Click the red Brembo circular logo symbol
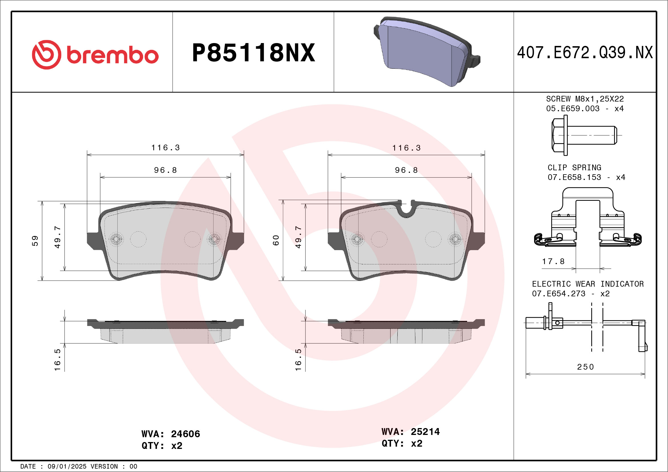click(47, 55)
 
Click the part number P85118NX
click(253, 53)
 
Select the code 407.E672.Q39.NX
click(585, 53)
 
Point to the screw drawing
click(584, 135)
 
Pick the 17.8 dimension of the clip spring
click(553, 262)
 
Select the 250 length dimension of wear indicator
click(585, 367)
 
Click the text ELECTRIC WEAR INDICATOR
click(588, 284)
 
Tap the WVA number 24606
click(185, 434)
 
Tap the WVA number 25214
click(425, 432)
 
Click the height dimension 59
click(35, 241)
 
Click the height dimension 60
click(276, 240)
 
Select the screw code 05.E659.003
click(573, 109)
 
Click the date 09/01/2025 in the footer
click(67, 467)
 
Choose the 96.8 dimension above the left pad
click(165, 170)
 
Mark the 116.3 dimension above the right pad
click(407, 148)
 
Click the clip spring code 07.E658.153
click(574, 177)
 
